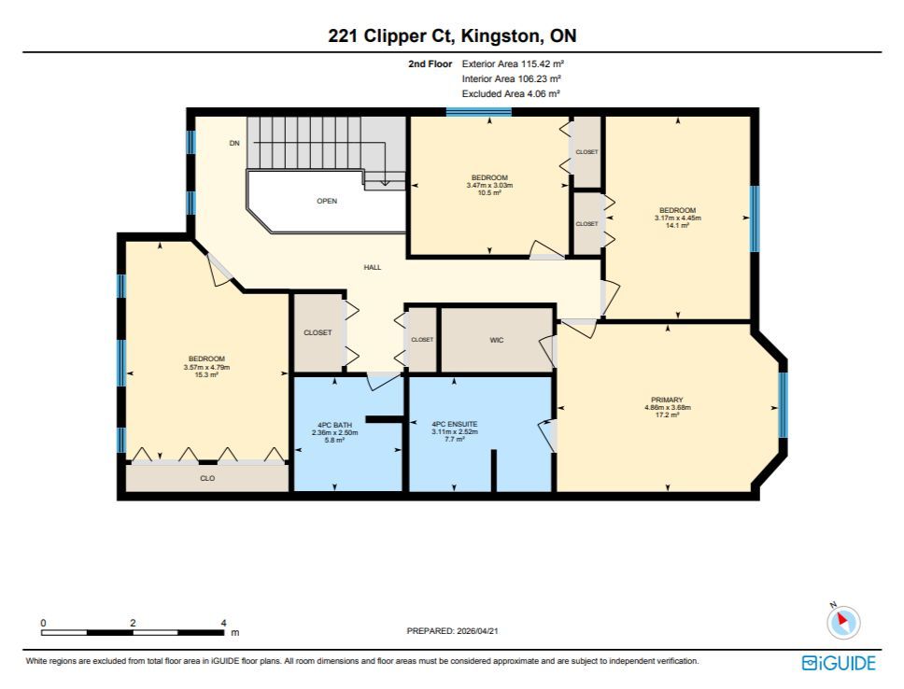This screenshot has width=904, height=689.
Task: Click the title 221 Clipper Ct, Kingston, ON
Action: click(452, 35)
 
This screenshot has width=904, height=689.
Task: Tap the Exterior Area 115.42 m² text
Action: click(513, 64)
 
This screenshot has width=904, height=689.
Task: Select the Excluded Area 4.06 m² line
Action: click(511, 93)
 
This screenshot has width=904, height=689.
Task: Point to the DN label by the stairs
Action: click(234, 143)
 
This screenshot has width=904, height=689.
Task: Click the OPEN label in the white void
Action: click(327, 202)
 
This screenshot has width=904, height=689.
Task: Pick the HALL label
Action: click(373, 268)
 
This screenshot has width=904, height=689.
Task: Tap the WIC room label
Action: click(497, 340)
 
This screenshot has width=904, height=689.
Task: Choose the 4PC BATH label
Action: click(334, 425)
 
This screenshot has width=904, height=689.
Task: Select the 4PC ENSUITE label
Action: click(455, 425)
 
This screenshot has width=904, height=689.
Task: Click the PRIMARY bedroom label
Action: click(667, 400)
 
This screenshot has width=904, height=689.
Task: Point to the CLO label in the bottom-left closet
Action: click(207, 479)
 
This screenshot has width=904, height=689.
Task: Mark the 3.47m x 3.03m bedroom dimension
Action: click(489, 186)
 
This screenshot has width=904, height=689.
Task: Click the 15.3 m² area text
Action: click(206, 374)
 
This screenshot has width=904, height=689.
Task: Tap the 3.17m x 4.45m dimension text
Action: click(678, 218)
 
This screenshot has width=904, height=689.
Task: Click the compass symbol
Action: click(843, 622)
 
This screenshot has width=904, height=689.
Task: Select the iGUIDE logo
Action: click(839, 663)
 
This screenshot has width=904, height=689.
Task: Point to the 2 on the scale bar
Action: click(134, 623)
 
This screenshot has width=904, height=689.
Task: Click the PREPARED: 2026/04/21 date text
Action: click(453, 631)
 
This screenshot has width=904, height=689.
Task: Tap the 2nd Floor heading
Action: click(431, 64)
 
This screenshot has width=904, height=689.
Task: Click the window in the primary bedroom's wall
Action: click(783, 405)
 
